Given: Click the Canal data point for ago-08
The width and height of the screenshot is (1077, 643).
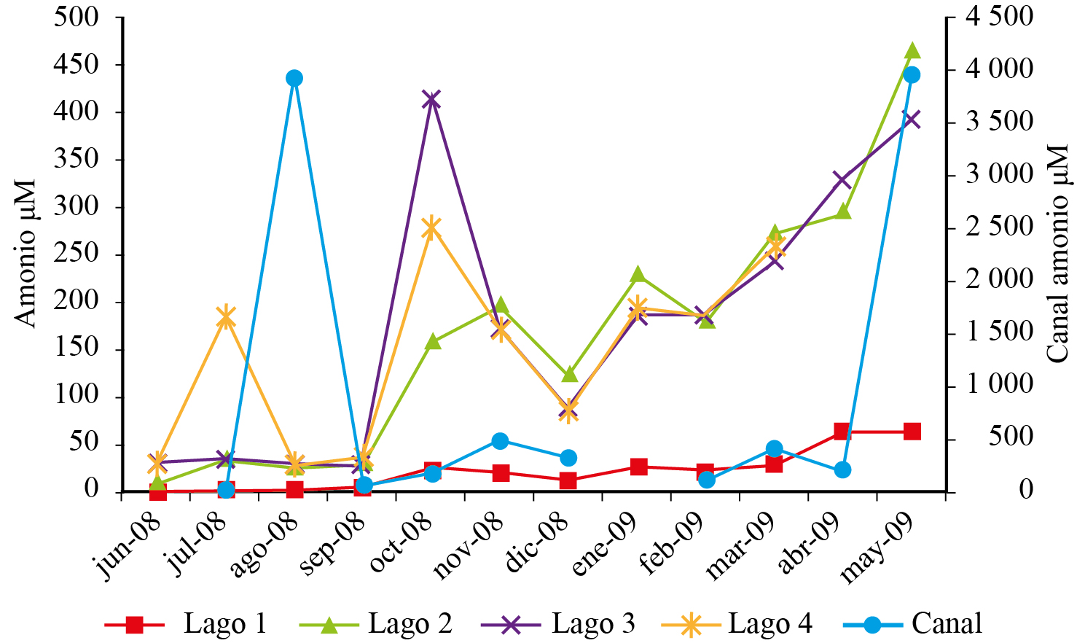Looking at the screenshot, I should (294, 78).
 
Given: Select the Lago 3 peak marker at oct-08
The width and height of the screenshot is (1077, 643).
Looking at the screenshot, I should (431, 100).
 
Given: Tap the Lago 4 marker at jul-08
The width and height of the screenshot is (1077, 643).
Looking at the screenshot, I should (226, 317).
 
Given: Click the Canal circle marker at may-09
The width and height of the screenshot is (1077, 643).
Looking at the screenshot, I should (912, 74).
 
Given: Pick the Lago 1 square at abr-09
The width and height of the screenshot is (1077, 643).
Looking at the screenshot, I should (842, 432).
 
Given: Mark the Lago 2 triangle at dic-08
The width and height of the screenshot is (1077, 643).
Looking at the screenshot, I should (569, 375).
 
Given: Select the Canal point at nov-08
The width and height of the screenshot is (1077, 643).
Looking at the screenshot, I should (500, 441).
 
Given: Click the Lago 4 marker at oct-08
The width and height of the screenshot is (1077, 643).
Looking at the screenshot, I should (431, 228).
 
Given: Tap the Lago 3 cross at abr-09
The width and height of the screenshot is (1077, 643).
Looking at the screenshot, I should (842, 179).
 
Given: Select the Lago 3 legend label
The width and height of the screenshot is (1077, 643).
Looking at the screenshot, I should (593, 624).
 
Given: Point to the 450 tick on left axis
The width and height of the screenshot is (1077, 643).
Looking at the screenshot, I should (76, 65).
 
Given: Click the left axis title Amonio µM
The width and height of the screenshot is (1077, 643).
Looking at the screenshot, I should (25, 254).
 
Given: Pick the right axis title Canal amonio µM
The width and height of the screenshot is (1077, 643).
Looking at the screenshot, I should (1057, 254).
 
